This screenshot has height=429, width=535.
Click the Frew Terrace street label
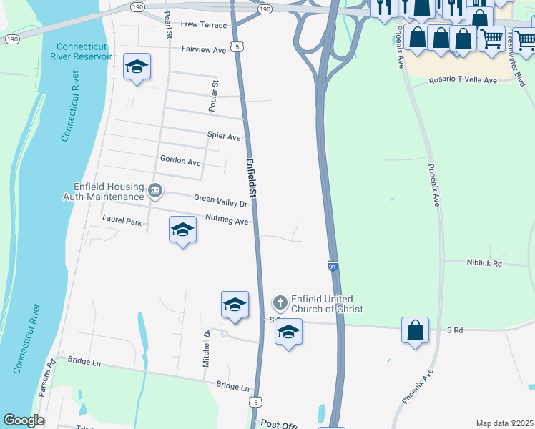click(x=203, y=25)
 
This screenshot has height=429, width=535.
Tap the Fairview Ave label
click(x=204, y=50)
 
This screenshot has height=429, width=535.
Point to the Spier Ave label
click(x=224, y=136)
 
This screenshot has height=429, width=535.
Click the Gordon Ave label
click(x=180, y=162)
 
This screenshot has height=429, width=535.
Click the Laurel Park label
click(x=122, y=222)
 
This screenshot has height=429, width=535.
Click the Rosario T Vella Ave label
click(x=462, y=81)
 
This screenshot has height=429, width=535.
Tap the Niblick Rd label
click(x=484, y=263)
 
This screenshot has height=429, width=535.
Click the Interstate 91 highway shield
click(x=333, y=266)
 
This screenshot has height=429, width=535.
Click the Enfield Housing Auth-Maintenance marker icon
click(x=155, y=191)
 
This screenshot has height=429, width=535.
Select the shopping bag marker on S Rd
click(x=415, y=330)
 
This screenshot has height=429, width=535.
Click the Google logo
click(x=24, y=420)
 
